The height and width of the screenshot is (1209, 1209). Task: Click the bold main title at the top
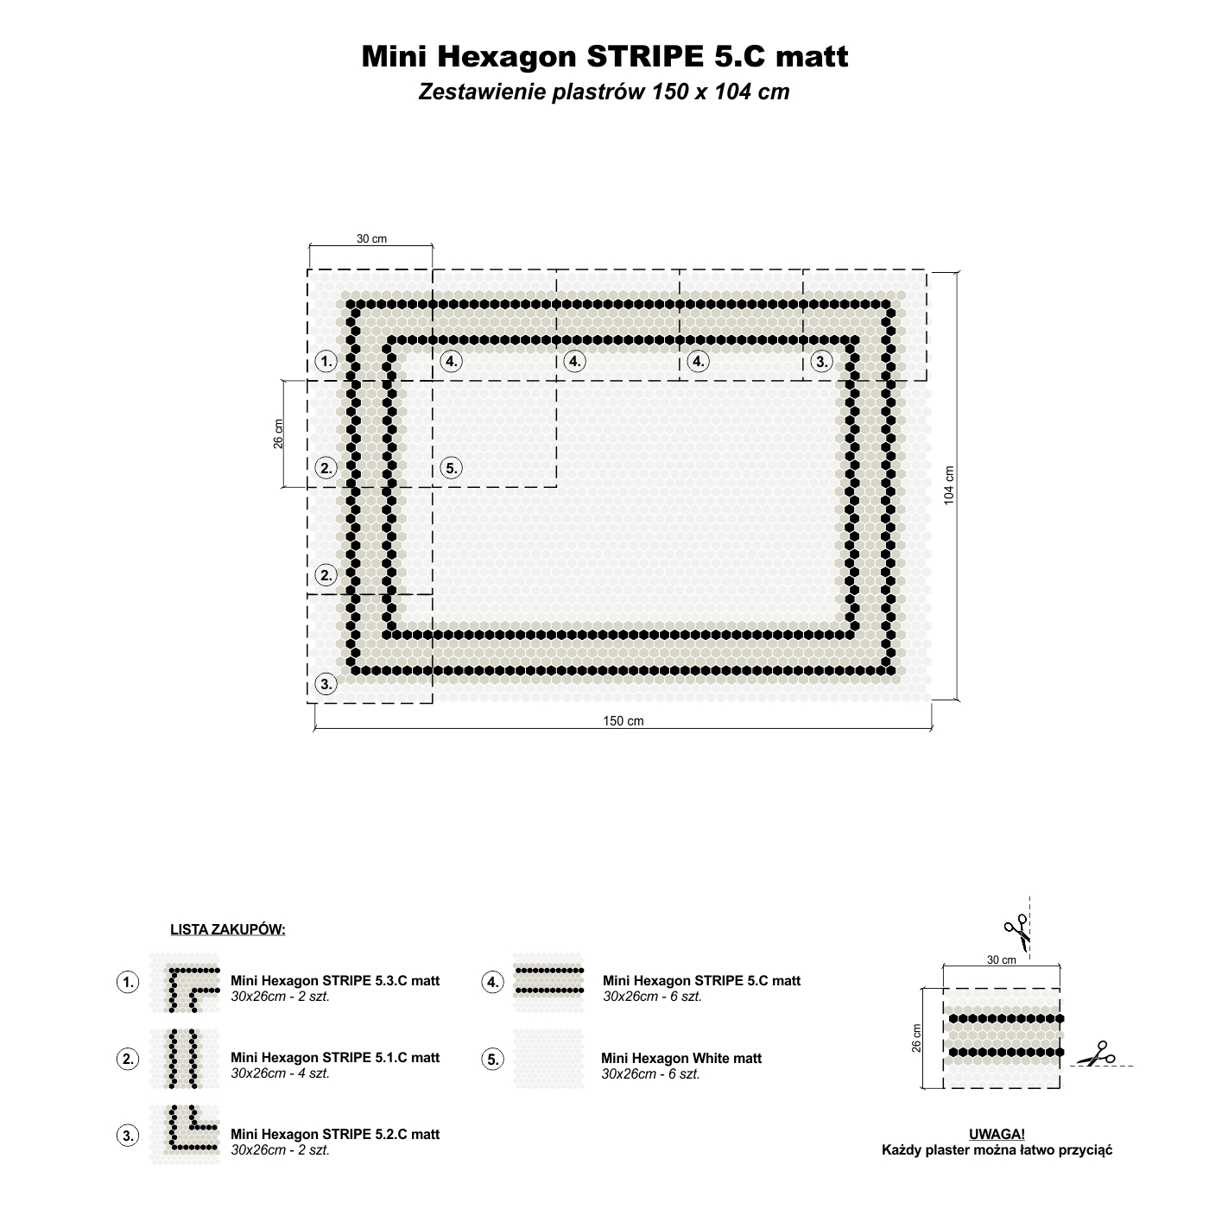click(604, 56)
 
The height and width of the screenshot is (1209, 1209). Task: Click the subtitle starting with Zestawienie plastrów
click(604, 92)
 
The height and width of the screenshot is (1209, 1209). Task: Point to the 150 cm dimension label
click(623, 721)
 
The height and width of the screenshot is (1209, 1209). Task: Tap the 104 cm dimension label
click(948, 485)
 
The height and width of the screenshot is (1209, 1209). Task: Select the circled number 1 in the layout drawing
click(326, 361)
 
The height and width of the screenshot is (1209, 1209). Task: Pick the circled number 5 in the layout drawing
click(451, 468)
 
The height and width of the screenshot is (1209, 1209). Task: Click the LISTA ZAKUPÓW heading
click(228, 929)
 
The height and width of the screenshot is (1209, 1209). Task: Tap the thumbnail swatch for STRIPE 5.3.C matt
click(185, 983)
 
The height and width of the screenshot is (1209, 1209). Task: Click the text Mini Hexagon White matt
click(680, 1059)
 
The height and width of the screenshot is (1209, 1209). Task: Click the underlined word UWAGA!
click(997, 1134)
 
